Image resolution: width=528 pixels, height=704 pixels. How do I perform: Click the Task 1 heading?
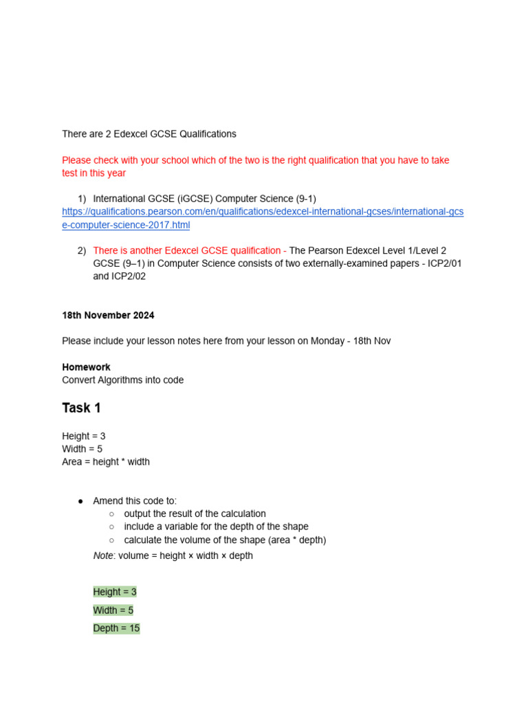81,408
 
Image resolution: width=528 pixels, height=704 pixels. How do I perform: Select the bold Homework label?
86,367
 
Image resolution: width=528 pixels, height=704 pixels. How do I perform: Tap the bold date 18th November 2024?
108,316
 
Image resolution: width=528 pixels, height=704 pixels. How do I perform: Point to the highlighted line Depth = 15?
116,628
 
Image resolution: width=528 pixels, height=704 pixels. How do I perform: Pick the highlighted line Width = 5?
113,610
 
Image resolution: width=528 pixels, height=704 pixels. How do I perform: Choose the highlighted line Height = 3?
115,592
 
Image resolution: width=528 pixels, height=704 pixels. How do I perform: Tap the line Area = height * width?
106,462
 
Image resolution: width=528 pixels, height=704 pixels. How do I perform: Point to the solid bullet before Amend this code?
81,501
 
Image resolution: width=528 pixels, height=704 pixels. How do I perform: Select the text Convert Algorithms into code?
122,380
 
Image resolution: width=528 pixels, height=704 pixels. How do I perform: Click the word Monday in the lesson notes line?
327,341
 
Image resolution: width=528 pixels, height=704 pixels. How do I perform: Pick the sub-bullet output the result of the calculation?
195,514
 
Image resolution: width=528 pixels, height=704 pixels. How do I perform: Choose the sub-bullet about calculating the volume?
225,540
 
